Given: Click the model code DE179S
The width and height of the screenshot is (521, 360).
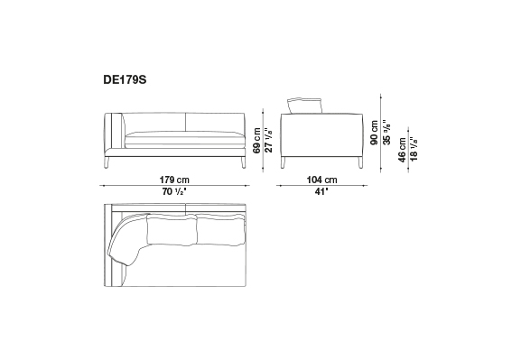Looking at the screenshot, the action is click(x=125, y=80).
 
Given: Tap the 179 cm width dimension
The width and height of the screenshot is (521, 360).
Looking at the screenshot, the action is click(x=174, y=180).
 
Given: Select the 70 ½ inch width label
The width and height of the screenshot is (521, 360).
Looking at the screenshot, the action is click(x=174, y=191).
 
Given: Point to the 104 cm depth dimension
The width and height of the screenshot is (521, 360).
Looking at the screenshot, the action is click(x=321, y=180).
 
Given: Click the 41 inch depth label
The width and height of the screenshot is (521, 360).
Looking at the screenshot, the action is click(x=321, y=191).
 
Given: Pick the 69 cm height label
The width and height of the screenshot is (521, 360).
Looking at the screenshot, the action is click(x=256, y=141).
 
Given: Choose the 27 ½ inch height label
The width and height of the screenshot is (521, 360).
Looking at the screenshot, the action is click(x=269, y=141).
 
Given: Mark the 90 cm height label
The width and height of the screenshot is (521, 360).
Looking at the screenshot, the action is click(x=375, y=132).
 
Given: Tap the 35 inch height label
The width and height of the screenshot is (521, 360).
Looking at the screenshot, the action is click(x=386, y=132).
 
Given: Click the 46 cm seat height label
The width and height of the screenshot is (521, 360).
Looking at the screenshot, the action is click(x=402, y=150).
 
